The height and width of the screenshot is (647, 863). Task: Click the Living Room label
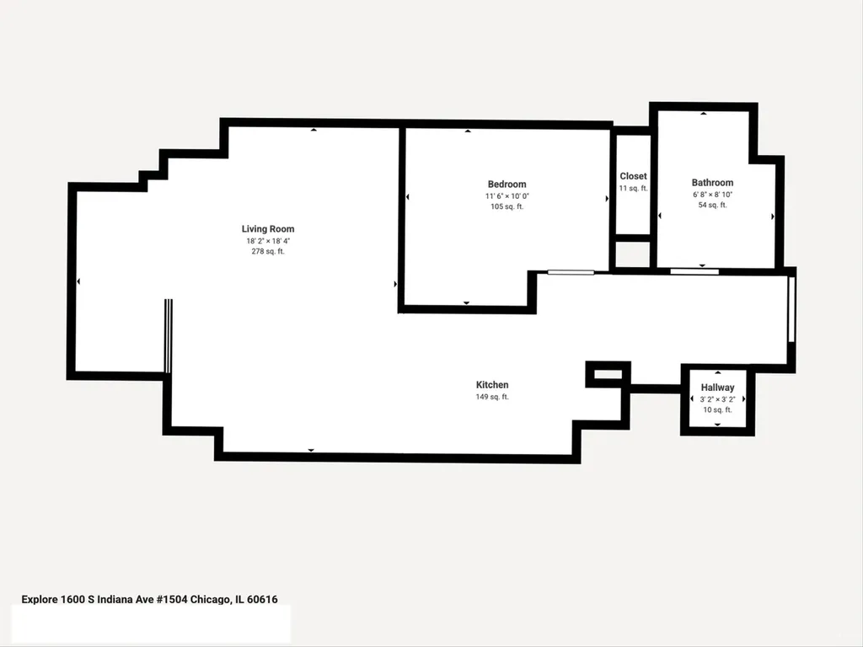(x=268, y=229)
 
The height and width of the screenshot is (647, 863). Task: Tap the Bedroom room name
(x=507, y=184)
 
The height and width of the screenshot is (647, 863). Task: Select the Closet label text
(x=633, y=176)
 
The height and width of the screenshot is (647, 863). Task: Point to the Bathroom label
(x=712, y=183)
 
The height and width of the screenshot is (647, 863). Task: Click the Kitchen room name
(x=492, y=385)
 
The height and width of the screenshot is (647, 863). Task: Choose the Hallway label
(x=717, y=388)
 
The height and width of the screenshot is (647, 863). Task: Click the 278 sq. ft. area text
(x=268, y=251)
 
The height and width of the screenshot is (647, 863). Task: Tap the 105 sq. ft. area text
(x=507, y=207)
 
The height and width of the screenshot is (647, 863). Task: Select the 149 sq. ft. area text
(x=492, y=397)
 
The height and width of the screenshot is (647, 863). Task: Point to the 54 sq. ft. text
(x=712, y=206)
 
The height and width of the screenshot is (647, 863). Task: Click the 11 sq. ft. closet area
(x=633, y=188)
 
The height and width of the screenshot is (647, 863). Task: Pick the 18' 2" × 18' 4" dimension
(x=268, y=241)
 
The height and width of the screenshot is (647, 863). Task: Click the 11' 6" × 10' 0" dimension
(x=507, y=196)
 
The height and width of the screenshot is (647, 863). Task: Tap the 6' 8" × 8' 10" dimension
(x=712, y=195)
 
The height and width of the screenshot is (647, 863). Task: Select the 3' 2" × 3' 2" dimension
(x=717, y=400)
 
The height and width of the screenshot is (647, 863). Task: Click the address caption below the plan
(x=150, y=600)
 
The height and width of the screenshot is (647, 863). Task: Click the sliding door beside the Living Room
(x=169, y=336)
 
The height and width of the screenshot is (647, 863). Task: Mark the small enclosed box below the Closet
(x=632, y=254)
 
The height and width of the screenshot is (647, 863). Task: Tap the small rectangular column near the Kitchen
(x=608, y=375)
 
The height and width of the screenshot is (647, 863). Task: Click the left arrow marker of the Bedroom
(x=407, y=197)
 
